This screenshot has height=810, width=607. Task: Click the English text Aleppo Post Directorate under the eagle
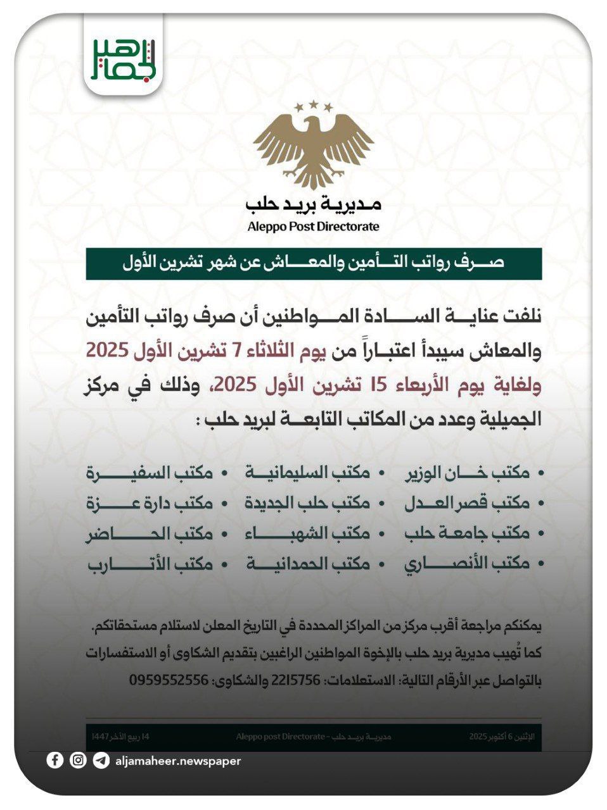tap(314, 227)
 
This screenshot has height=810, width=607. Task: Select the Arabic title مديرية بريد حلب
tap(314, 204)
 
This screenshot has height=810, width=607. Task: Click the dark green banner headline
tap(314, 263)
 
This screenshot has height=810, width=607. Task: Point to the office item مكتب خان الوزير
tap(467, 473)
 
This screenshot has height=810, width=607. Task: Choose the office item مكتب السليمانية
tap(307, 473)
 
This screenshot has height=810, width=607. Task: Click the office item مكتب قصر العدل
tap(467, 503)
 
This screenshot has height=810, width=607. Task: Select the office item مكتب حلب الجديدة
tap(307, 503)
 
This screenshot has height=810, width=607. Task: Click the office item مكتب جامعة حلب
tap(467, 533)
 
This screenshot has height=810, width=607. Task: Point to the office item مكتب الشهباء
tap(307, 533)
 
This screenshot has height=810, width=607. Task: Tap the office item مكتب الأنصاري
tap(467, 563)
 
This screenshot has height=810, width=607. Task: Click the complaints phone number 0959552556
tap(169, 680)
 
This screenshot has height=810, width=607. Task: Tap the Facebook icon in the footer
tap(55, 761)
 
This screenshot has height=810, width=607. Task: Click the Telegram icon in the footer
tap(101, 761)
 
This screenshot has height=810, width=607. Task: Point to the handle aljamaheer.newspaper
tap(178, 761)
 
